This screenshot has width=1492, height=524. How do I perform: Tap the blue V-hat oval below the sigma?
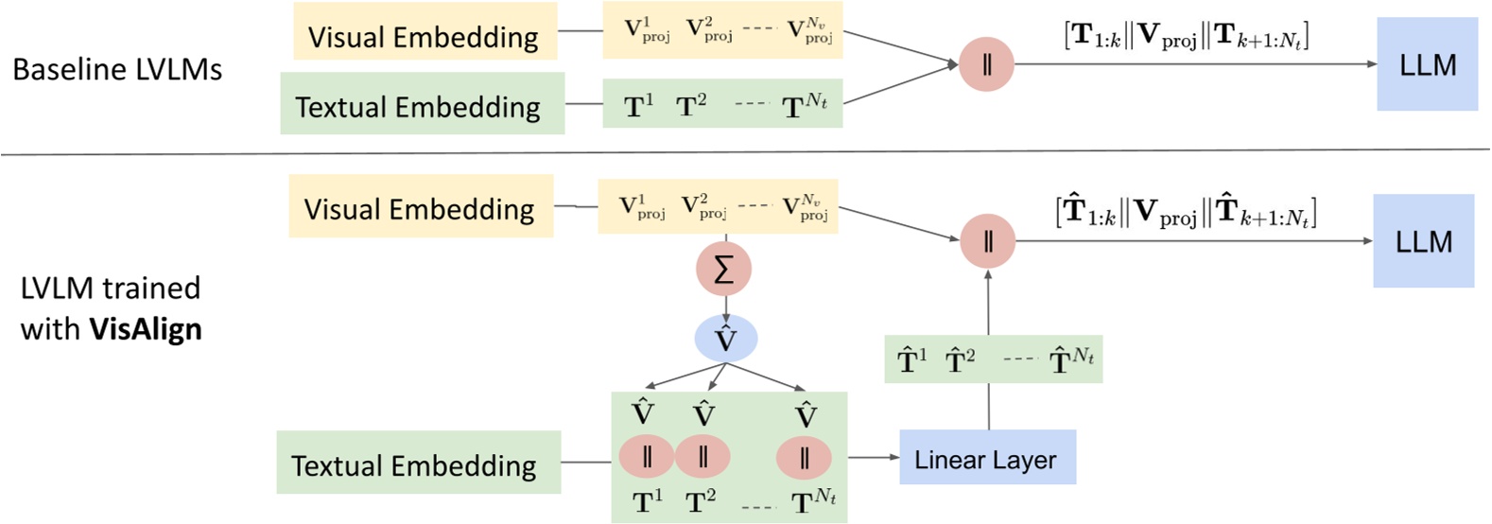(725, 339)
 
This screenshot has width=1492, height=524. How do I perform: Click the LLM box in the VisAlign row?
(1423, 241)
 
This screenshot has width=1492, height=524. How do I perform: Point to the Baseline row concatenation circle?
(986, 65)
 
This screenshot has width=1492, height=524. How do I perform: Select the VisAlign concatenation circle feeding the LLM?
(988, 240)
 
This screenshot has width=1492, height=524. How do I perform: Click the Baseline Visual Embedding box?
(424, 37)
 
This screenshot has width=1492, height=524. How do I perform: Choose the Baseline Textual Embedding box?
(422, 105)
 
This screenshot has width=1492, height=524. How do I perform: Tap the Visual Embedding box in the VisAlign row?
(420, 208)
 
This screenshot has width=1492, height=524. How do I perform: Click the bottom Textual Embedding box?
(418, 463)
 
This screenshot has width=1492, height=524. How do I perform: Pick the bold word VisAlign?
(146, 329)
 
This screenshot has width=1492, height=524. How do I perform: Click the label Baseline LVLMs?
(117, 69)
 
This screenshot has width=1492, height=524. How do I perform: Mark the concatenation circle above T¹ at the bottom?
(646, 458)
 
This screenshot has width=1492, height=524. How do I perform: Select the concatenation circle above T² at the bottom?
(702, 458)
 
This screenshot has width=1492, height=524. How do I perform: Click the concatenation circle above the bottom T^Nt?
(804, 458)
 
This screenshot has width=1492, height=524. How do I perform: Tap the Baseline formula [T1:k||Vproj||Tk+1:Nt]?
(1187, 38)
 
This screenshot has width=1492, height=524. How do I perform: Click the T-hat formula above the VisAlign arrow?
(1186, 213)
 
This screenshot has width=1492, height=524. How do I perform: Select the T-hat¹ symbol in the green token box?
(912, 360)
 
